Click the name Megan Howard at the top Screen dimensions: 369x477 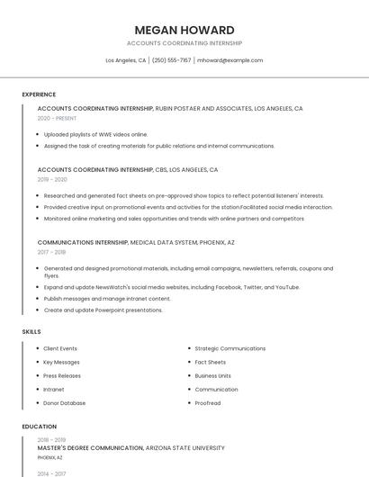[x=184, y=30]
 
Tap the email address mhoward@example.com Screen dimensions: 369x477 [x=229, y=60]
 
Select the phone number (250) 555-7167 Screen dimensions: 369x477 [x=171, y=60]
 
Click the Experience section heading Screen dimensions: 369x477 [x=39, y=94]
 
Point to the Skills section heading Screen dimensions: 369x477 [x=31, y=332]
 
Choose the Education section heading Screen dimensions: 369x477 [x=39, y=427]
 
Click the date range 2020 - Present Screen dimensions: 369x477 [x=57, y=118]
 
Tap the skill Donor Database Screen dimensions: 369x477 [x=65, y=403]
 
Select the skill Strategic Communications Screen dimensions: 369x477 [x=229, y=348]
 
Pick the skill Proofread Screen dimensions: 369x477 [x=207, y=403]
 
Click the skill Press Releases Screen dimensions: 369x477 [x=62, y=376]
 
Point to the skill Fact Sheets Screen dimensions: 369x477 [x=210, y=362]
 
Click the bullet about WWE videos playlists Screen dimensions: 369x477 [x=95, y=134]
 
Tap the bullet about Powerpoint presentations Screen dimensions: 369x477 [x=103, y=310]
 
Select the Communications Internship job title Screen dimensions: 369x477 [x=83, y=242]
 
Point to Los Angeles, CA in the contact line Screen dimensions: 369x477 [x=125, y=60]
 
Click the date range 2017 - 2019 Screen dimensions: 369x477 [x=51, y=252]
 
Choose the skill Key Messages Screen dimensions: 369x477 [x=61, y=362]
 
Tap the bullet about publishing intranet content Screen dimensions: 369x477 [x=107, y=299]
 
